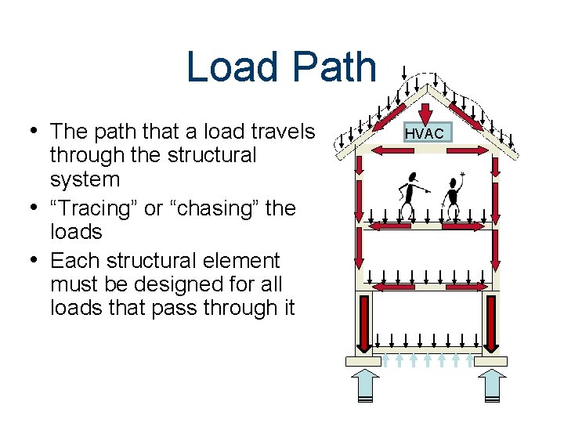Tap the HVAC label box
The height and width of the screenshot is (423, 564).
coord(424,133)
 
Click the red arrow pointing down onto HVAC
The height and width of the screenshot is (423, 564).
coord(424,110)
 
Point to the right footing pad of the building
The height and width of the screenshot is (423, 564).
coord(491,361)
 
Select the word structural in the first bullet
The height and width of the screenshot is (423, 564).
coord(211,156)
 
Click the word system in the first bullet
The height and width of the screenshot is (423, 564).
coord(85,179)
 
